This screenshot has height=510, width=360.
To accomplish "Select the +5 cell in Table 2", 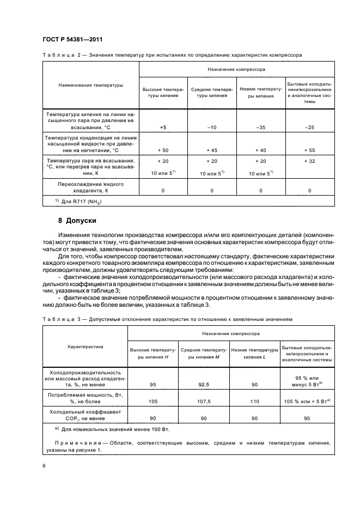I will click(x=163, y=127).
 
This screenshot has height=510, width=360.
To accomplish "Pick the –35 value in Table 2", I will click(x=260, y=127).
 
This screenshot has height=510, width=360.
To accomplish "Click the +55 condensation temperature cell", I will click(x=309, y=149).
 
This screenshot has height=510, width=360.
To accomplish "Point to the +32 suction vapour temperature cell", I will click(x=309, y=161).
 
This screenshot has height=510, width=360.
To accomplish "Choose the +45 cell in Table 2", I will click(x=212, y=149).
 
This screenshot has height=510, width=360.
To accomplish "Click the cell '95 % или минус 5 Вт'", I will click(x=307, y=381).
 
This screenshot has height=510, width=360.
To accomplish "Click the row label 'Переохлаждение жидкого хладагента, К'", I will click(x=90, y=187).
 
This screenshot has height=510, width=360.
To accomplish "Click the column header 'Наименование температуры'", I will click(x=90, y=85).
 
